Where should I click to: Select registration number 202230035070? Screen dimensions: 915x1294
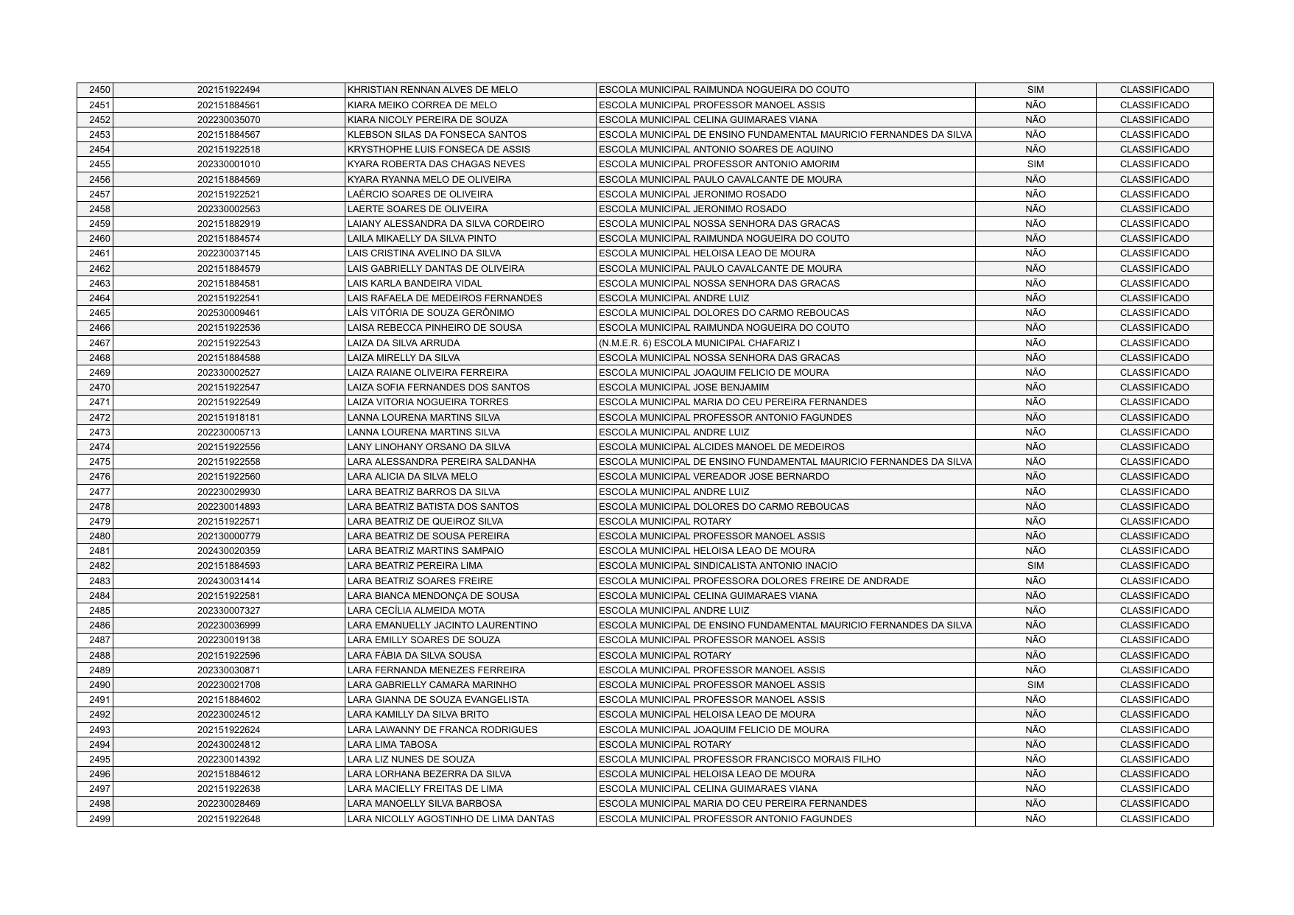(x=228, y=120)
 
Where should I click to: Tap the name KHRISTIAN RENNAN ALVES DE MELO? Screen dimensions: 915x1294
(x=432, y=90)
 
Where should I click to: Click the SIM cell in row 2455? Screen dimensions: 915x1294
(x=1035, y=164)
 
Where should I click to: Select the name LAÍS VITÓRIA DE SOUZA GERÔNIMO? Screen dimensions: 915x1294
(x=431, y=313)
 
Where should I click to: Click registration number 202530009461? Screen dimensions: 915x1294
(x=228, y=313)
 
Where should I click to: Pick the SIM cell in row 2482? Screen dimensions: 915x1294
(x=1035, y=566)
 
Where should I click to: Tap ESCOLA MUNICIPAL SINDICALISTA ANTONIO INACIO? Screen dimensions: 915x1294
(x=718, y=566)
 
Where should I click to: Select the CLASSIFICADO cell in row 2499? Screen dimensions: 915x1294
(x=1154, y=819)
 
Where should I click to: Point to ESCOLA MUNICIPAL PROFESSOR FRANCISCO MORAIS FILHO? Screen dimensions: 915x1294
(x=739, y=760)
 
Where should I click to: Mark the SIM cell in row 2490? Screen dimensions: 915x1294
(x=1035, y=685)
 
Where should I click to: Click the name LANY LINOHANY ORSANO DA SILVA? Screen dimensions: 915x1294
(x=429, y=447)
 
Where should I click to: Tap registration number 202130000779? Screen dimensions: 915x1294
(x=228, y=536)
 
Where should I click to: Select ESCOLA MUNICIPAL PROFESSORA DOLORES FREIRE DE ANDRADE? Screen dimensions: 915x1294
(x=754, y=581)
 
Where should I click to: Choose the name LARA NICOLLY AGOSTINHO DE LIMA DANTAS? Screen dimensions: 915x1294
(x=451, y=819)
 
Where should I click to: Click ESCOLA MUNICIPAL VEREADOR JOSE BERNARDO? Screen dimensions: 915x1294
(x=714, y=477)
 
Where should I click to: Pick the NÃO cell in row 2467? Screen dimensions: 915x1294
(x=1035, y=343)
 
